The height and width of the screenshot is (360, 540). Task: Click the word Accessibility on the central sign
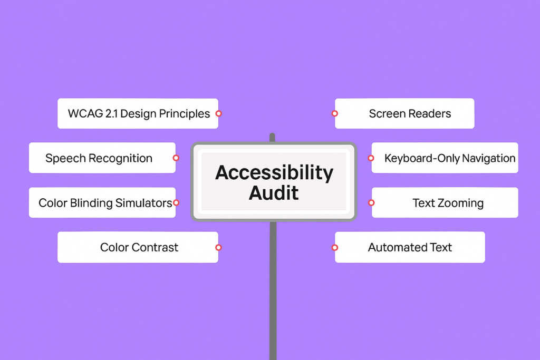pos(274,173)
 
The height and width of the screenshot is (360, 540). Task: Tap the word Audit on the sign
pos(274,193)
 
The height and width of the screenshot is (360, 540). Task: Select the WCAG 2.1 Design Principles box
pos(138,113)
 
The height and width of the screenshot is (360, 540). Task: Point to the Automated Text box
pos(410,247)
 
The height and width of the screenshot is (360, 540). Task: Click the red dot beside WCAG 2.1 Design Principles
pos(218,113)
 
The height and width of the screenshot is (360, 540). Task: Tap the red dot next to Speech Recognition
pos(176,158)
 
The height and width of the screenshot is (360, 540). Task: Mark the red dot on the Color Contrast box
pos(218,247)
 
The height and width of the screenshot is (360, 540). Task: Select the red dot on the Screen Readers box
pos(334,113)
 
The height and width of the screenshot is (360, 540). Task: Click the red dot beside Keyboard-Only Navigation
pos(371,158)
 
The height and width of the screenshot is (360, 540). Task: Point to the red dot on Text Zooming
pos(371,202)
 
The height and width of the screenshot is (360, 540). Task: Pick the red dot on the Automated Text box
pos(334,247)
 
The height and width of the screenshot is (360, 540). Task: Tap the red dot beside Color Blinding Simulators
pos(176,202)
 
